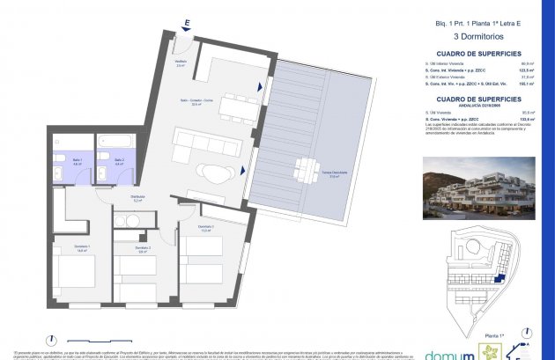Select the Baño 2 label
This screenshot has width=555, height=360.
[118, 163]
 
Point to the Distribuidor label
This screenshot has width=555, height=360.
[137, 199]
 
